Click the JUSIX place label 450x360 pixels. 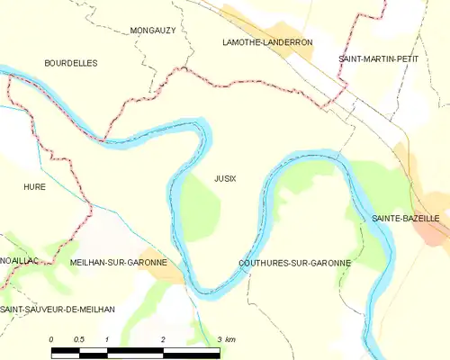tap(225, 178)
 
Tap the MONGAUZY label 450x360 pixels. tap(152, 30)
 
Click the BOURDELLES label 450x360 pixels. tap(71, 63)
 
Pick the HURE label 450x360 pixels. tap(34, 186)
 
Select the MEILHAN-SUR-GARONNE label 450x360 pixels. tap(118, 262)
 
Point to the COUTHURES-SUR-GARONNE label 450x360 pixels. tap(294, 262)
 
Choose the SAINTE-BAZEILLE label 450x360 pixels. tap(406, 219)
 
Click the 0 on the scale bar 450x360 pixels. tap(51, 339)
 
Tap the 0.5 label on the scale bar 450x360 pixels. tap(78, 339)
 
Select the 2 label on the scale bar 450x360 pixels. tap(163, 339)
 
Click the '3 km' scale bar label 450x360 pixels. tap(226, 339)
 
